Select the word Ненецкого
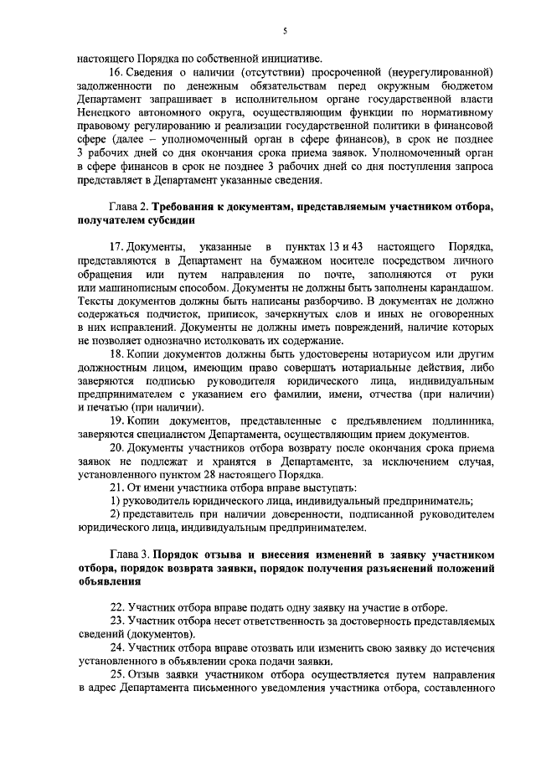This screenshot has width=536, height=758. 102,110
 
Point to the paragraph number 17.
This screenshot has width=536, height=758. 120,246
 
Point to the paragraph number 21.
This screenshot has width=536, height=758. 120,487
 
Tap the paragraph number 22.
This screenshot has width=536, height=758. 120,606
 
